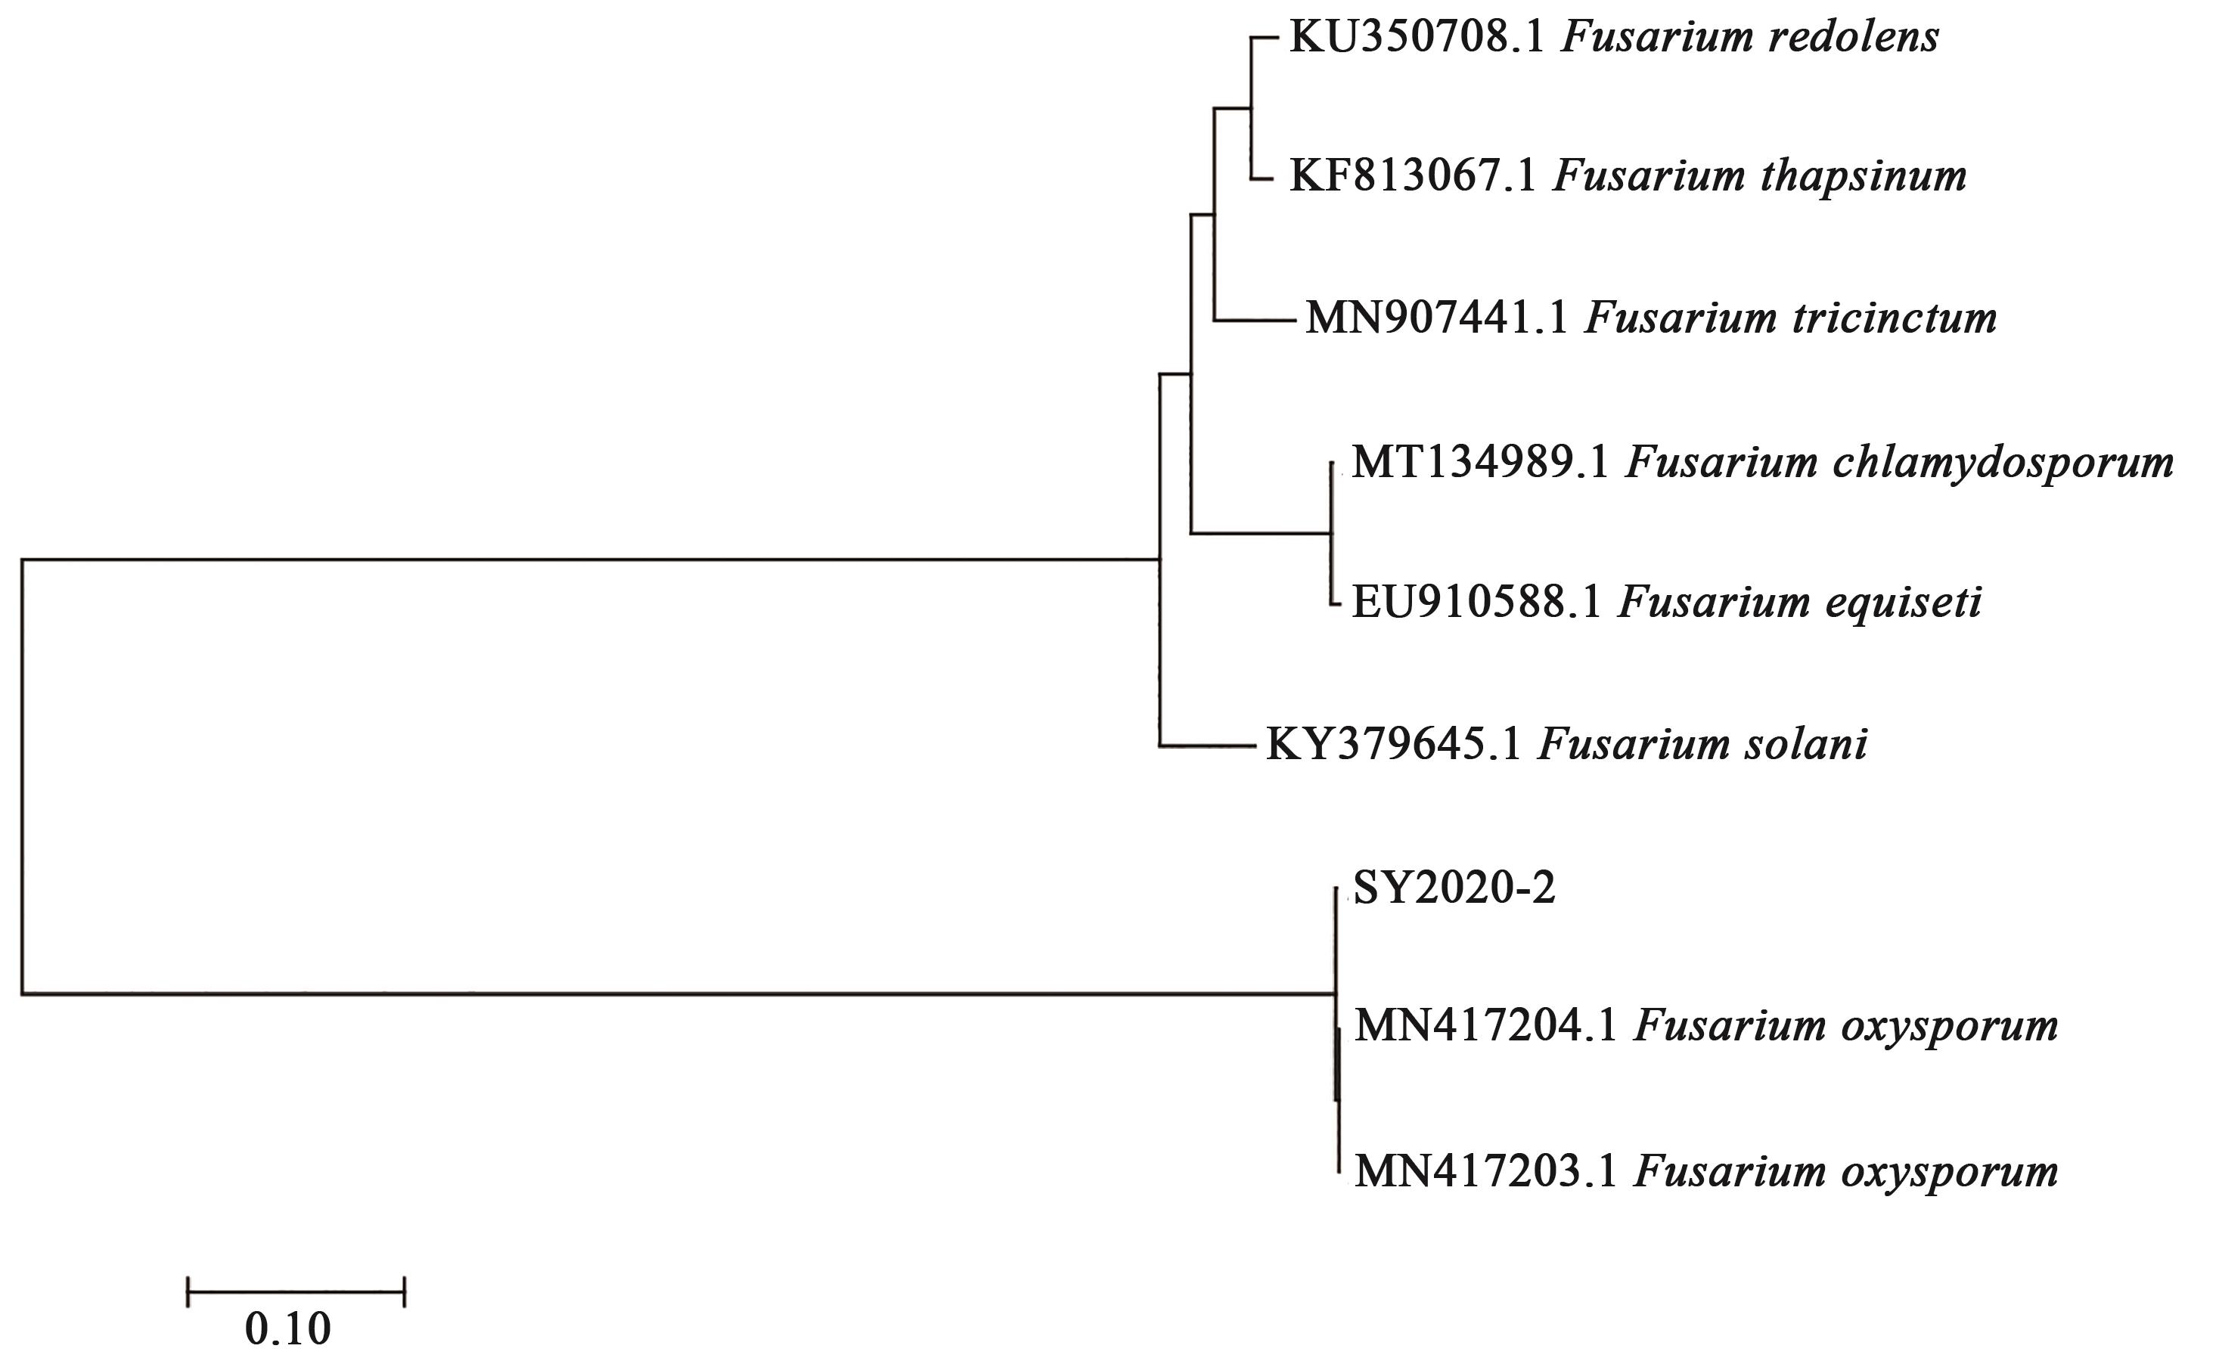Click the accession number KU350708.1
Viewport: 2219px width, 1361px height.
click(1417, 38)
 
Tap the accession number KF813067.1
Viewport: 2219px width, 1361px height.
click(1412, 176)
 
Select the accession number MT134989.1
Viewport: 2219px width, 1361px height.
click(1479, 463)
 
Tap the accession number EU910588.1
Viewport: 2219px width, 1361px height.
click(1477, 602)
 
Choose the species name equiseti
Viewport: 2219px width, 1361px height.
click(1904, 602)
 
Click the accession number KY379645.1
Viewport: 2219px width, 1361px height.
click(1394, 745)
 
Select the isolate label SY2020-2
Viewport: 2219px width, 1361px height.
click(1454, 888)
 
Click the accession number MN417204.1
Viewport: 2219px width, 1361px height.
click(1486, 1026)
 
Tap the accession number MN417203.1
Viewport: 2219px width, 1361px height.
click(1486, 1171)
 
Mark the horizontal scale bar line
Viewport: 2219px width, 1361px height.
click(296, 1291)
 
